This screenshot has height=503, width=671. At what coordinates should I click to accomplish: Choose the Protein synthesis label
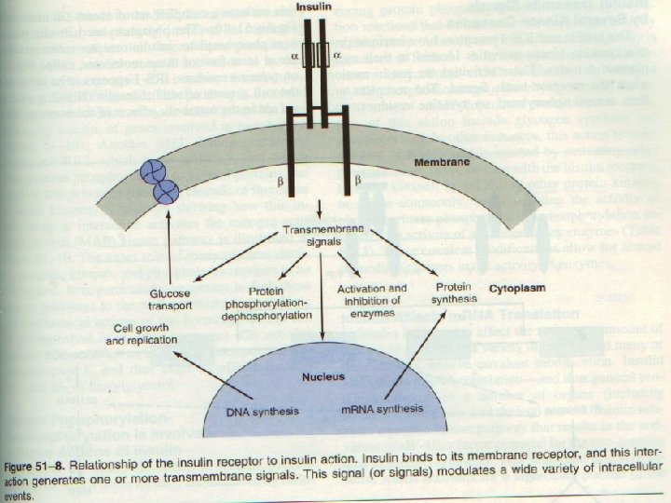tap(456, 292)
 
